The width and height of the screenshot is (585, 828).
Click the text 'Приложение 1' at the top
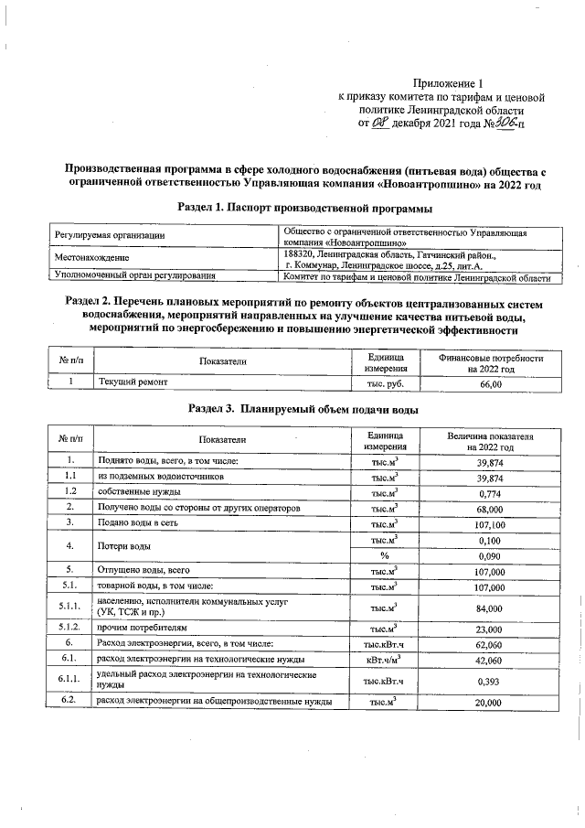[x=461, y=82]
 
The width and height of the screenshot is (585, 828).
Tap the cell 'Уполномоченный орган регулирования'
[x=134, y=274]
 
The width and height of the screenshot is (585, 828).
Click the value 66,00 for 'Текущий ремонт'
[x=490, y=384]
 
